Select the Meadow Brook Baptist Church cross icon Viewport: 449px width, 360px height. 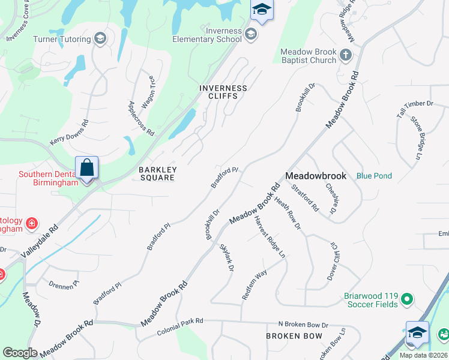345,56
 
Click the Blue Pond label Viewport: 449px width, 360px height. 374,176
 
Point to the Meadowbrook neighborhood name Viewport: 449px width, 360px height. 316,176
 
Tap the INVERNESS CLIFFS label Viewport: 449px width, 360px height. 223,92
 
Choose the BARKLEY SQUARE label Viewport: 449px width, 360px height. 157,174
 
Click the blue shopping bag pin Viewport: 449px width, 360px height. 86,168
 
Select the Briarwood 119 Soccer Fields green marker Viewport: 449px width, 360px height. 407,298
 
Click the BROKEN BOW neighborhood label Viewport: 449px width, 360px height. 294,336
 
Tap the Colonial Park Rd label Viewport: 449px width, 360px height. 180,327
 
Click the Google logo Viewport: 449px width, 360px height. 20,353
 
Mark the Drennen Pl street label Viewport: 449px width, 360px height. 64,284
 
